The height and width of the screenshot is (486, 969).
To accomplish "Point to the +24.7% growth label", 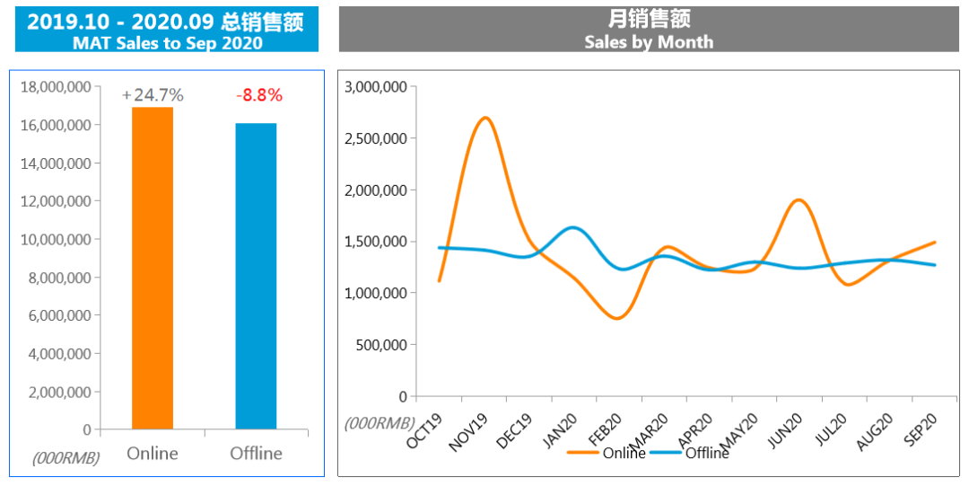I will pos(153,94).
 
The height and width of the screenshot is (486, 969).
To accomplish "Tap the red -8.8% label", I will pos(258,94).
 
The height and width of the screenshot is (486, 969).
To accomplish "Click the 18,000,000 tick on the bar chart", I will pos(55,87).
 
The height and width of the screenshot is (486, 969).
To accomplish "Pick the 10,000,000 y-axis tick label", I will pos(55,240).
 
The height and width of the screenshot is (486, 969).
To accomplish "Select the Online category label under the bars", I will pos(153,453).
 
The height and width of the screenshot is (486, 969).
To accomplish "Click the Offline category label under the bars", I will pos(256,453).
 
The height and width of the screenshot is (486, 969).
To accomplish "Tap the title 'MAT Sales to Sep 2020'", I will pos(168,42).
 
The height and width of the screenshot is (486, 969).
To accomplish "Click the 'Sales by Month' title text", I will pos(649,41).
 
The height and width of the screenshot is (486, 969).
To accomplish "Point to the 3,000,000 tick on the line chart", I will pos(376,87).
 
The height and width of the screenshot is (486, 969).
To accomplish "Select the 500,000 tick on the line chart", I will pos(381,345).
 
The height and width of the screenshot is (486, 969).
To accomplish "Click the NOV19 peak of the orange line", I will pos(484,118).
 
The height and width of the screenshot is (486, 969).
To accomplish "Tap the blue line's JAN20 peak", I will pos(572,227).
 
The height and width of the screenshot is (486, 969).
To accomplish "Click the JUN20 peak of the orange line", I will pos(799,199).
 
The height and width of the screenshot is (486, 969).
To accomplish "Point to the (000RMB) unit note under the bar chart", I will pos(65,457).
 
